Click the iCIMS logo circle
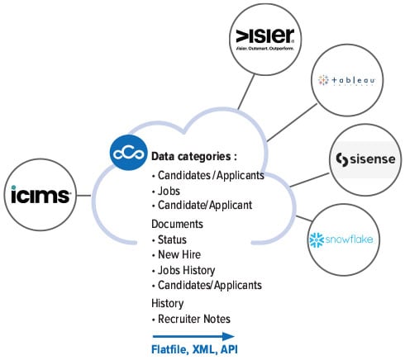39,195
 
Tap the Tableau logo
348,80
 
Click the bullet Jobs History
185,269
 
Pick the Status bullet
174,239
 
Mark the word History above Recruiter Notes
168,302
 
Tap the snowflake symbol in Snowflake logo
315,239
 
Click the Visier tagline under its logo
264,51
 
